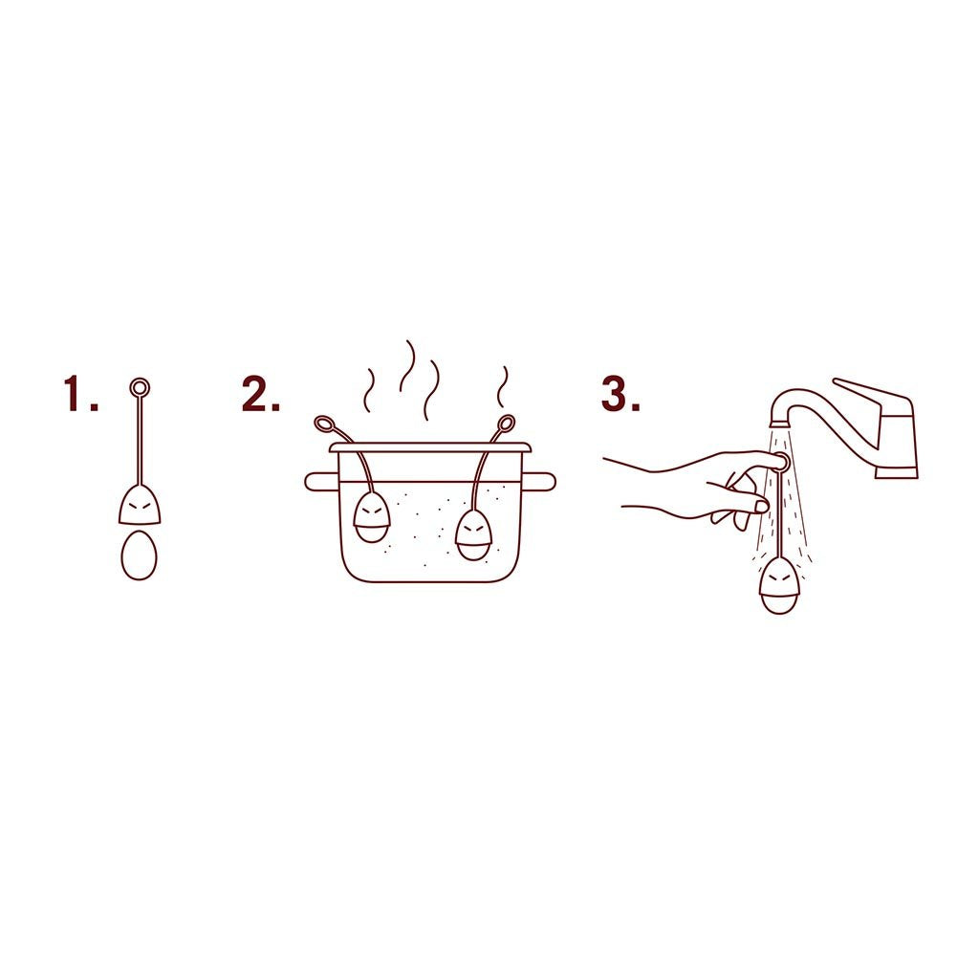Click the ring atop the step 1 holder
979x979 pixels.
140,387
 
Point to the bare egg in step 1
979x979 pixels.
139,555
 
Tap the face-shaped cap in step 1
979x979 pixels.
140,505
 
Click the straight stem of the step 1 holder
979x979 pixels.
140,440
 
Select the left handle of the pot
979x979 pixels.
318,481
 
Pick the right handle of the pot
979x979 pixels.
542,481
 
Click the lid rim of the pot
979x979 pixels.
429,447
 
